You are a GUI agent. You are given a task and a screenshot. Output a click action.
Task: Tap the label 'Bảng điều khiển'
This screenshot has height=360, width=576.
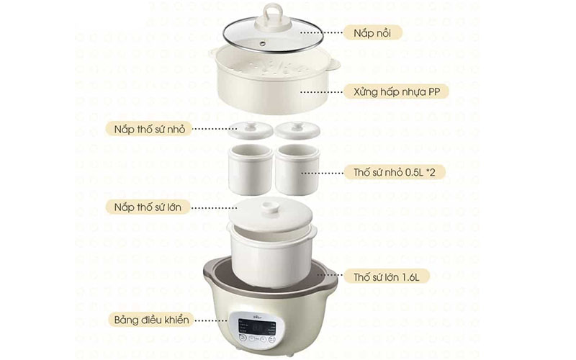[152, 319]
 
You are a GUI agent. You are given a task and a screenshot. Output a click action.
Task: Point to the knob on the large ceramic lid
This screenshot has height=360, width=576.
[270, 207]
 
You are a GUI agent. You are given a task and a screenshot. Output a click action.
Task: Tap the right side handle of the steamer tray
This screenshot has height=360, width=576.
[333, 66]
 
